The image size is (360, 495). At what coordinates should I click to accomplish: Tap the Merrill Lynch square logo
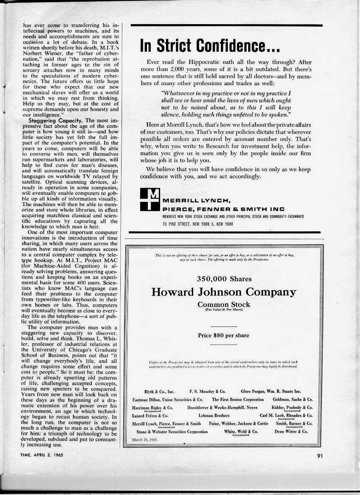150,199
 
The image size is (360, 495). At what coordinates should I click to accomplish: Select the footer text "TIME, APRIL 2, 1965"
41,455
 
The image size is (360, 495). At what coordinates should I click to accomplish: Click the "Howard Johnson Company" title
224,292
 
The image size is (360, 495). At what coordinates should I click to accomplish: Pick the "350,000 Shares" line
224,279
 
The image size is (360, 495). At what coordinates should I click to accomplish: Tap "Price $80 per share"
224,335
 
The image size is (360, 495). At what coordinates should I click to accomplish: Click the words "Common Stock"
224,304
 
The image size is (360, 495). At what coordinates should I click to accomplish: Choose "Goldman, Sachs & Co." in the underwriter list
293,399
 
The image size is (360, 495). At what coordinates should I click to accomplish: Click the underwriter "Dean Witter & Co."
291,431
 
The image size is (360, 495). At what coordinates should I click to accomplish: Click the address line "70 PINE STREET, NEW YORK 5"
198,224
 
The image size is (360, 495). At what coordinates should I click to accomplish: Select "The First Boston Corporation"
238,399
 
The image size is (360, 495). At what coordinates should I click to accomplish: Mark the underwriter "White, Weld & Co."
241,431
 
